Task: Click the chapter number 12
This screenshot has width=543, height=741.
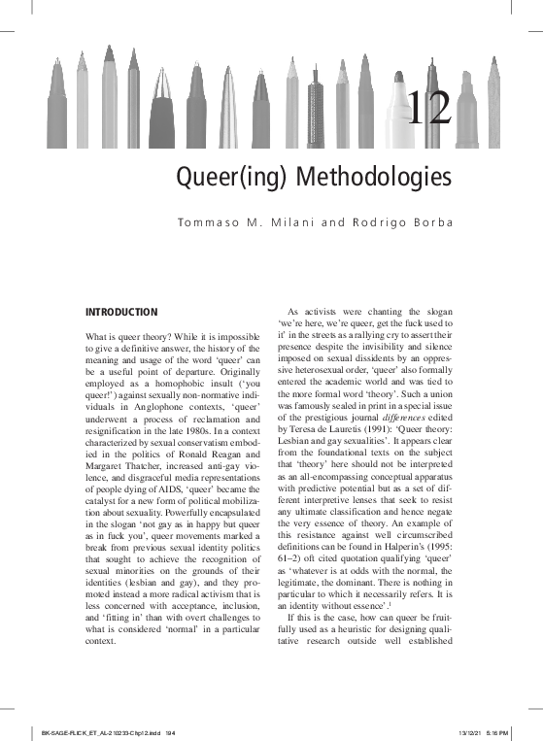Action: (430, 109)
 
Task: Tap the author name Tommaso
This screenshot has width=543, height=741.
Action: (207, 223)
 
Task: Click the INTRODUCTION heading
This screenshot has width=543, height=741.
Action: (122, 312)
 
